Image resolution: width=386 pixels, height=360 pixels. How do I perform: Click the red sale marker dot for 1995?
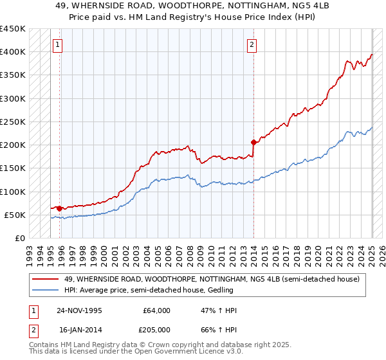pyautogui.click(x=59, y=208)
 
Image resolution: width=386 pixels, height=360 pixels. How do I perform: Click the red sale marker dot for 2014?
pyautogui.click(x=254, y=142)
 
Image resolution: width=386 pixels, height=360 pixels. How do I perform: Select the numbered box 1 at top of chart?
pyautogui.click(x=58, y=45)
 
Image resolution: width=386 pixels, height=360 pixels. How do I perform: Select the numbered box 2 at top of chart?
pyautogui.click(x=252, y=45)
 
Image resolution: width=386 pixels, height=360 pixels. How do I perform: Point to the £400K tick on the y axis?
pyautogui.click(x=13, y=52)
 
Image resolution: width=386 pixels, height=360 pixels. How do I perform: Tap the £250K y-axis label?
pyautogui.click(x=13, y=122)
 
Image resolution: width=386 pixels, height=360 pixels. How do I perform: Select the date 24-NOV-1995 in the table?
pyautogui.click(x=80, y=310)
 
